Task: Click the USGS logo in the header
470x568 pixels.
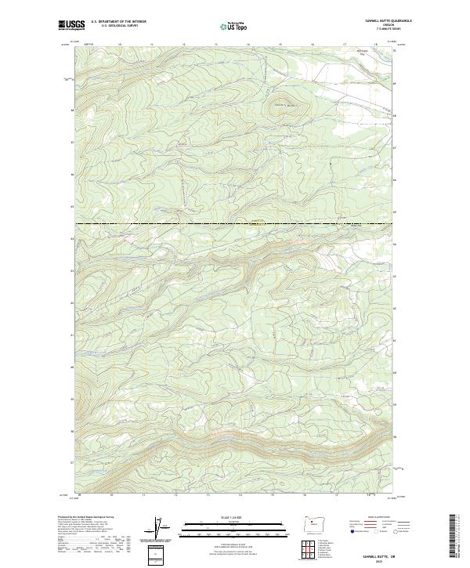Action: (x=71, y=26)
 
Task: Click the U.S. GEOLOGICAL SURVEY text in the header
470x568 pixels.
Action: (x=119, y=27)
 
